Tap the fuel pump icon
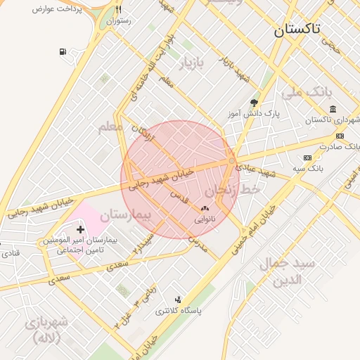point(64,52)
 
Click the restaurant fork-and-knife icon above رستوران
point(118,10)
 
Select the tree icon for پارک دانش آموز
point(254,103)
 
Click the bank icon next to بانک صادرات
point(340,136)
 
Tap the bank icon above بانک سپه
point(307,157)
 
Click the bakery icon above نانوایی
point(205,208)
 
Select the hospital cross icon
point(80,229)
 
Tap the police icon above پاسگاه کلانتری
point(177,300)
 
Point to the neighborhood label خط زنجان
point(233,190)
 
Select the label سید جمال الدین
point(289,271)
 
